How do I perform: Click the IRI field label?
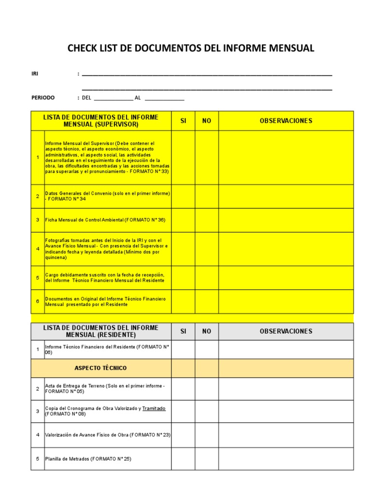[35, 74]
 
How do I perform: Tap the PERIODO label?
[43, 98]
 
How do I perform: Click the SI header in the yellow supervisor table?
[183, 121]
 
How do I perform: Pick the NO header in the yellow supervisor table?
[207, 121]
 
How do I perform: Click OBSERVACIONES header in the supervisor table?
[286, 121]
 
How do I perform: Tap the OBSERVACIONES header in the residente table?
[286, 331]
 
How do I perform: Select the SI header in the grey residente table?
[183, 331]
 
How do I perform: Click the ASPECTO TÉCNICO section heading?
[100, 368]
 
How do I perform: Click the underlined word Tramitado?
[154, 408]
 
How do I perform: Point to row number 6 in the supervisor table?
[37, 302]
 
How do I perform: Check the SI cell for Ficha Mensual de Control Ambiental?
[183, 220]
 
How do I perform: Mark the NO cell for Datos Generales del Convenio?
[207, 196]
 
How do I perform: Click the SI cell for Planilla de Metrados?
[183, 459]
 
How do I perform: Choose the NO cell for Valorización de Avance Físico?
[207, 435]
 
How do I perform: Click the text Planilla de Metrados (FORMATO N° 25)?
[88, 459]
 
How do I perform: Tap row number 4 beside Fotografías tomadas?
[37, 249]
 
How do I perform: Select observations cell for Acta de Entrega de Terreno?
[286, 389]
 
